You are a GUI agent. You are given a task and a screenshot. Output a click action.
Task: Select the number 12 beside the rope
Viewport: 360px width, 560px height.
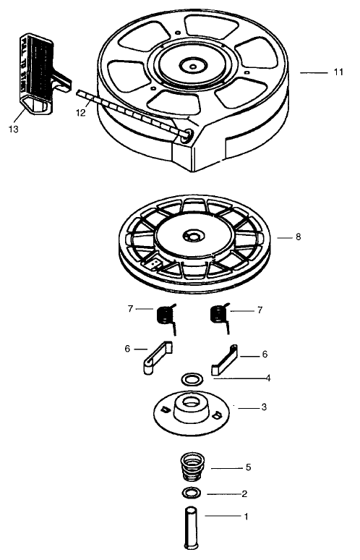pyautogui.click(x=80, y=113)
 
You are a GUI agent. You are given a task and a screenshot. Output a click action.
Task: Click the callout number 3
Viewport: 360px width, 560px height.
pyautogui.click(x=264, y=407)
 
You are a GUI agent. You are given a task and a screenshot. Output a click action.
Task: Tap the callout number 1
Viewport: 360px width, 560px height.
pyautogui.click(x=245, y=517)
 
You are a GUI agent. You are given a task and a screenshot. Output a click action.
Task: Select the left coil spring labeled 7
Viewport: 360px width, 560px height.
pyautogui.click(x=166, y=315)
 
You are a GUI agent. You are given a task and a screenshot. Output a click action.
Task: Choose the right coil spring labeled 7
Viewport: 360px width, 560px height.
pyautogui.click(x=218, y=315)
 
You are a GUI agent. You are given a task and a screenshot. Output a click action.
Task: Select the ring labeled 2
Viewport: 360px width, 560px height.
pyautogui.click(x=192, y=493)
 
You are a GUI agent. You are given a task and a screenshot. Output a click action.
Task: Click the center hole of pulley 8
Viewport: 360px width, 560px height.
pyautogui.click(x=192, y=237)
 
